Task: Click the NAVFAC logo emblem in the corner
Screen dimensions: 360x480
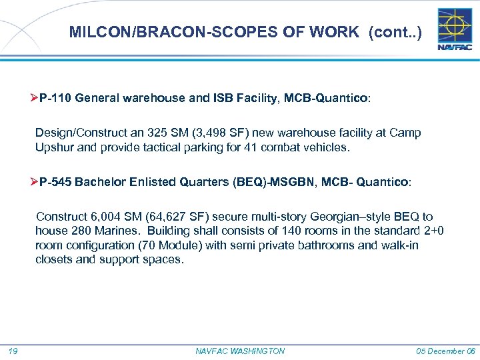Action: pos(453,29)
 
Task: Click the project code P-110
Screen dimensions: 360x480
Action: pos(55,98)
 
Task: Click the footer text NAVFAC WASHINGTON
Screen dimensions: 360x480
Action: pos(240,351)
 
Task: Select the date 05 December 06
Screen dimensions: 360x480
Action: pos(445,351)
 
